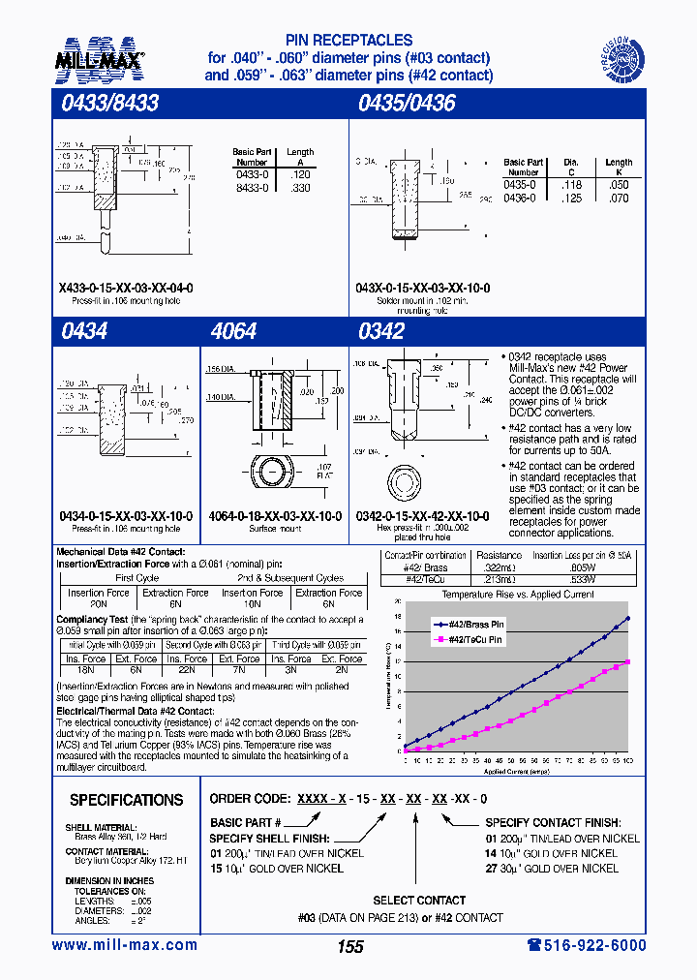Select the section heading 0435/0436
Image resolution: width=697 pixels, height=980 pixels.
coord(406,103)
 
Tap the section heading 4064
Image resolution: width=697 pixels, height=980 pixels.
coord(233,331)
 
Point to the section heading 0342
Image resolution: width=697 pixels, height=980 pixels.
coord(380,331)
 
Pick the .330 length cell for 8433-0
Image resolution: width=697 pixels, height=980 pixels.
coord(300,188)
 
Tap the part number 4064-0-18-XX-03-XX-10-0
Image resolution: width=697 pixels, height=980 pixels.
coord(275,517)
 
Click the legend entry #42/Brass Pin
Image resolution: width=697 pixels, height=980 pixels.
coord(474,626)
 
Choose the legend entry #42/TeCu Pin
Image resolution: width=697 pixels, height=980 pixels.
coord(474,640)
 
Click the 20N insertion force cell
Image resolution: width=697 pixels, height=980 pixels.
coord(99,601)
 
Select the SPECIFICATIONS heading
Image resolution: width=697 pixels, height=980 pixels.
coord(126,800)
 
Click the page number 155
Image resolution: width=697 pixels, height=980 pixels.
coord(349,946)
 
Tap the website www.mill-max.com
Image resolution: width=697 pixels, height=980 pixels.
coord(124,945)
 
